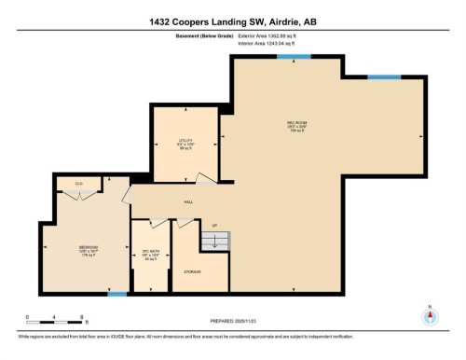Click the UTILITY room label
point(185,142)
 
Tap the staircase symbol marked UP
point(215,240)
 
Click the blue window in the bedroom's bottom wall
point(117,295)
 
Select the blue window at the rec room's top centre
point(288,57)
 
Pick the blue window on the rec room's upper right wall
point(377,76)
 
